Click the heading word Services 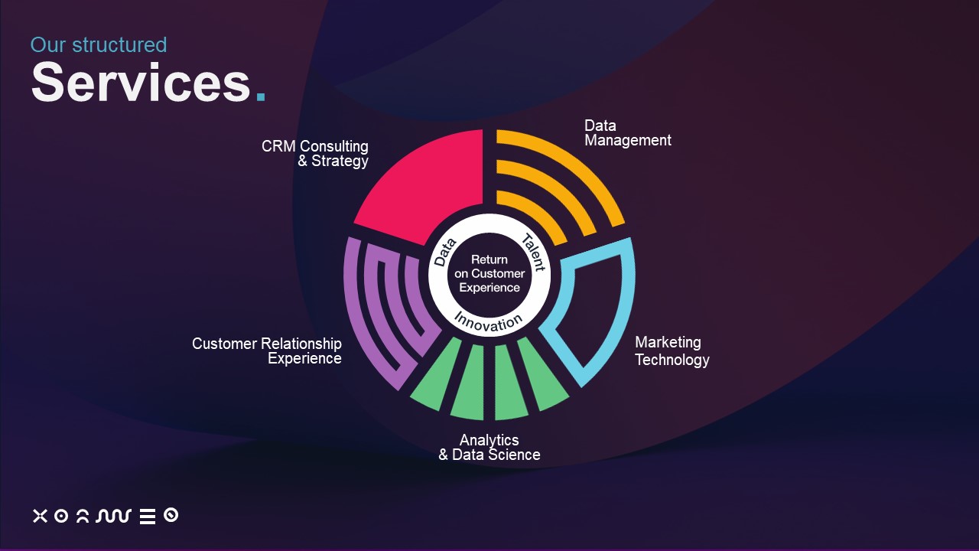click(141, 82)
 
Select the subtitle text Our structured click(99, 45)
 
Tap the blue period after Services click(261, 96)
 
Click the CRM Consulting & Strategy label click(314, 154)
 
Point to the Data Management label click(628, 133)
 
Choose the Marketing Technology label click(672, 351)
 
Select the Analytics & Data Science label click(489, 448)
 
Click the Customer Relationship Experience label click(267, 351)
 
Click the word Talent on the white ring click(533, 253)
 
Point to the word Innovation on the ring click(489, 323)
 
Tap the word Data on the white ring click(445, 253)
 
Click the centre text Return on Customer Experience click(489, 274)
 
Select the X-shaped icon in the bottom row click(40, 516)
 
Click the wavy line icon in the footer click(114, 516)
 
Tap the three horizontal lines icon click(148, 517)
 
